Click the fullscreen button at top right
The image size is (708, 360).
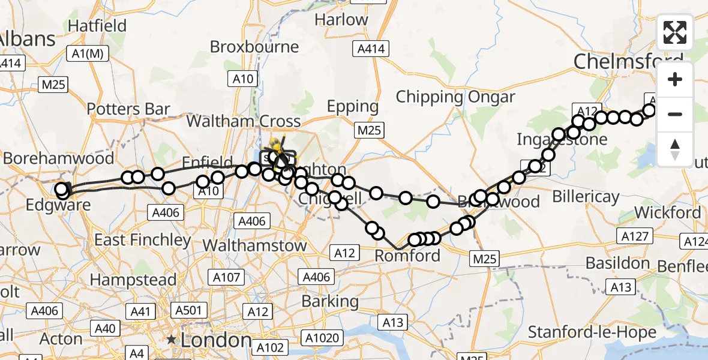coord(675,32)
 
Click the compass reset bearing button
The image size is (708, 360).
coord(675,149)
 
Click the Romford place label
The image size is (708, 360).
coord(407,256)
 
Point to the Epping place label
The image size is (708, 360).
coord(353,107)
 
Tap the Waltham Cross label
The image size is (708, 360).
coord(243,121)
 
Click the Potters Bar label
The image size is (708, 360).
coord(128,109)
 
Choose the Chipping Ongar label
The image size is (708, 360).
coord(455,97)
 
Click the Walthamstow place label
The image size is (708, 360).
coord(254,245)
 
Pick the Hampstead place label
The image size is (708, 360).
coord(133,280)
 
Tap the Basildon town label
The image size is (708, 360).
coord(617,263)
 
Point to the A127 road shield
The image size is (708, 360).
coord(635,236)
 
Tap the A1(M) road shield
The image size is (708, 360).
coord(88,54)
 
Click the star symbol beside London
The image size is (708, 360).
coord(172,340)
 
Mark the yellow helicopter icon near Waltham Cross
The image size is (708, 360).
coord(277,146)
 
